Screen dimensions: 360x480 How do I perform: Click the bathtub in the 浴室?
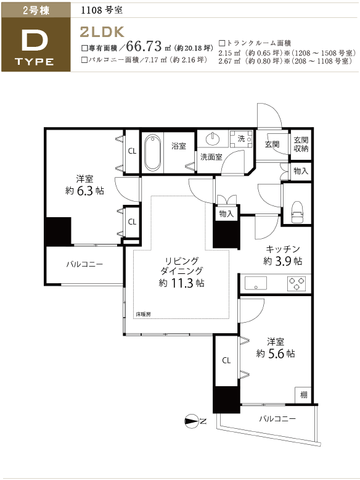pos(152,153)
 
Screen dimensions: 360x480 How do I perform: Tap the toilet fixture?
pos(297,212)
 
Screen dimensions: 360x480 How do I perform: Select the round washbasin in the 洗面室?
pos(213,139)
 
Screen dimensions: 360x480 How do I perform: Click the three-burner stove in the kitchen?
pos(296,283)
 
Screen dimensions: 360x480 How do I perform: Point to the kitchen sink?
pos(255,283)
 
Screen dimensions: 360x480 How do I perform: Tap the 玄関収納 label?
pos(301,144)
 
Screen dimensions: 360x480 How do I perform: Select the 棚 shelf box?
pos(303,395)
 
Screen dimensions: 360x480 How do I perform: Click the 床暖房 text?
pos(144,314)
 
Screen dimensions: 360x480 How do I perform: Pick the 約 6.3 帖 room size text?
pos(84,191)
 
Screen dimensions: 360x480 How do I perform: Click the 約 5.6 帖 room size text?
pos(276,354)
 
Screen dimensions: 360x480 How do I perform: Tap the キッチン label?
pos(283,249)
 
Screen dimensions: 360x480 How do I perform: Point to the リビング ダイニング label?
pos(182,266)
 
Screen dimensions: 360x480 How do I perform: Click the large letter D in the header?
pos(35,41)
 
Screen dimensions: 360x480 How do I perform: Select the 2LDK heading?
pos(102,32)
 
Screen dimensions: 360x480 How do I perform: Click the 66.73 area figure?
pos(144,46)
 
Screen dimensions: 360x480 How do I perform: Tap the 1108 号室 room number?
pos(102,10)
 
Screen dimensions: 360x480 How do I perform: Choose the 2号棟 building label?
pos(36,10)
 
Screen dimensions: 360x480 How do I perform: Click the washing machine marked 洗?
pos(241,139)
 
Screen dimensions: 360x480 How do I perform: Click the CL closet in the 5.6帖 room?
pos(226,360)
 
